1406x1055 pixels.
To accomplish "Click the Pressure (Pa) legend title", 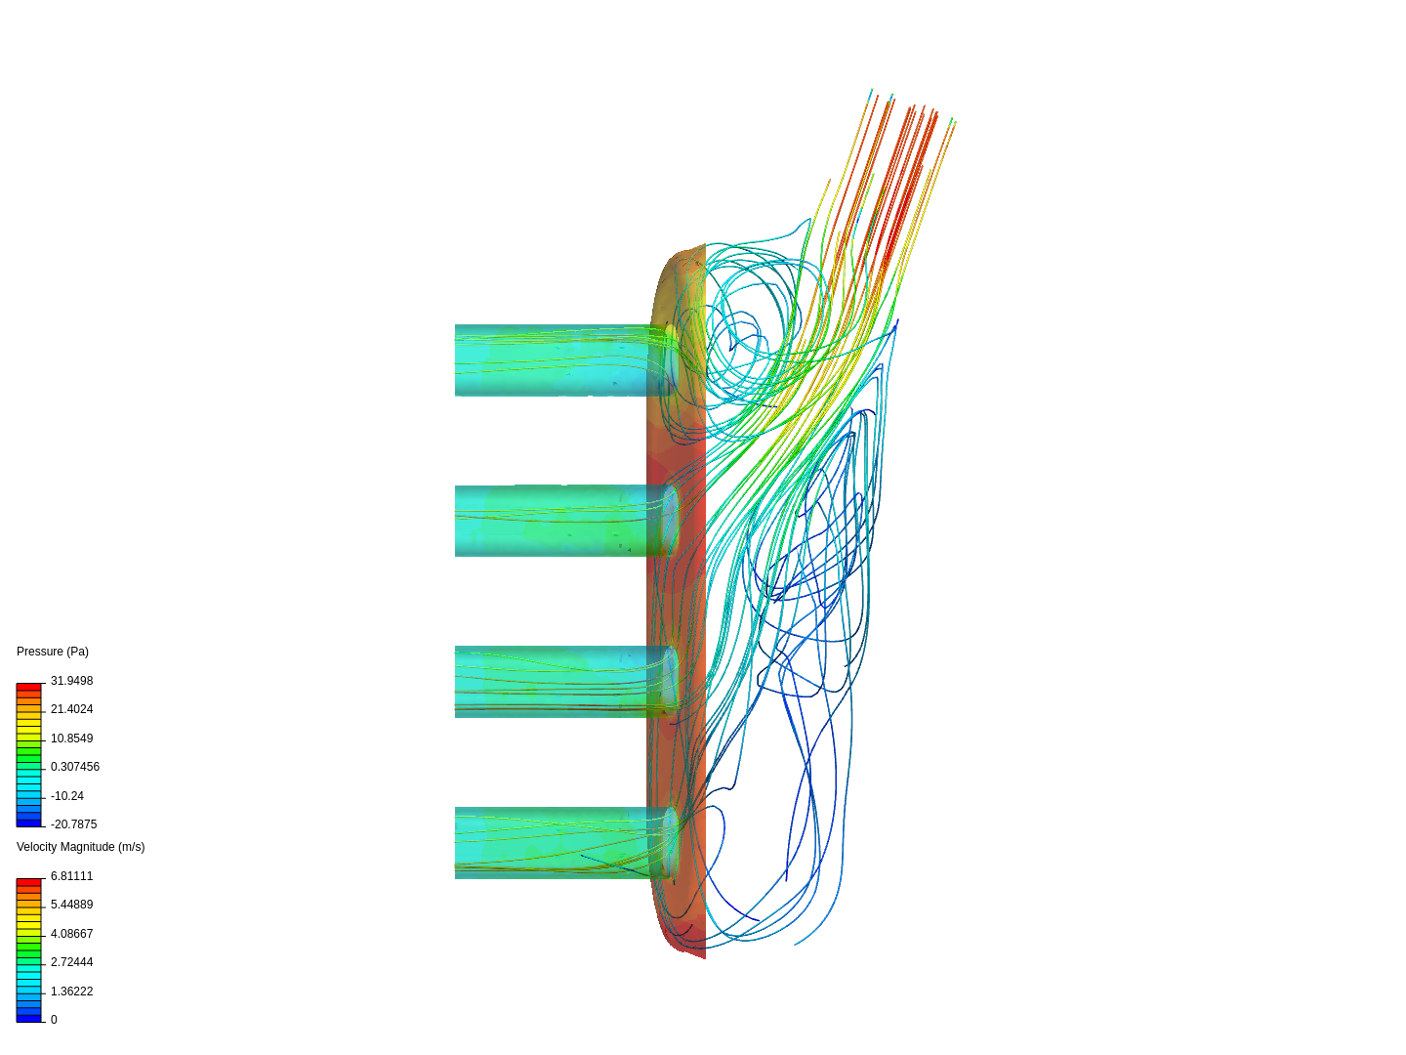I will pyautogui.click(x=53, y=652).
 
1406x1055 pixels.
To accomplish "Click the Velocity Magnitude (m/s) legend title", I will pyautogui.click(x=80, y=847).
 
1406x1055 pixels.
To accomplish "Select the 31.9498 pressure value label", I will pyautogui.click(x=71, y=681).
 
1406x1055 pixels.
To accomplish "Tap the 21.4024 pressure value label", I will pyautogui.click(x=71, y=709).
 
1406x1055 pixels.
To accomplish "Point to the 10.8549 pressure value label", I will pyautogui.click(x=71, y=738).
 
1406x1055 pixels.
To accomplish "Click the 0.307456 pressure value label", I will pyautogui.click(x=74, y=767).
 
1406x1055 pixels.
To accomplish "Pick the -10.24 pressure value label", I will pyautogui.click(x=66, y=796).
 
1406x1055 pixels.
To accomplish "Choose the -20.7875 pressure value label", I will pyautogui.click(x=73, y=824).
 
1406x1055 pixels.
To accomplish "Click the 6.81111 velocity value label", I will pyautogui.click(x=71, y=876).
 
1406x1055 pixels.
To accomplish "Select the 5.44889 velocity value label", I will pyautogui.click(x=71, y=905).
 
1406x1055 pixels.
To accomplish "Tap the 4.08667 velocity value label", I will pyautogui.click(x=71, y=934).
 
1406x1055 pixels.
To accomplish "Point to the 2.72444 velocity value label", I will pyautogui.click(x=71, y=962).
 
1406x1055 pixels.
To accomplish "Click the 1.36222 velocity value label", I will pyautogui.click(x=71, y=992).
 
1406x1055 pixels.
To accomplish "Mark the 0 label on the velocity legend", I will pyautogui.click(x=54, y=1020).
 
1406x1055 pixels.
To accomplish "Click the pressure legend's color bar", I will pyautogui.click(x=28, y=755).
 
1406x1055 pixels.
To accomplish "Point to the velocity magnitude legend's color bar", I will pyautogui.click(x=28, y=950).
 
